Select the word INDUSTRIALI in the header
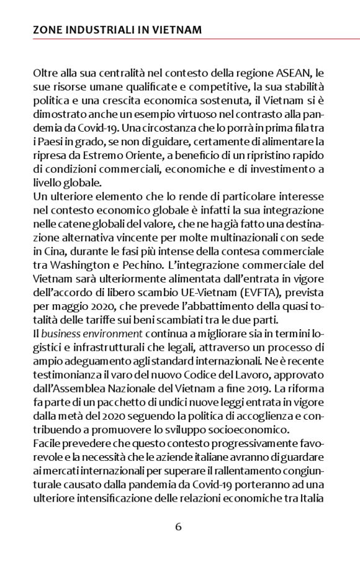[95, 30]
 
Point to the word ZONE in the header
[47, 30]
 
